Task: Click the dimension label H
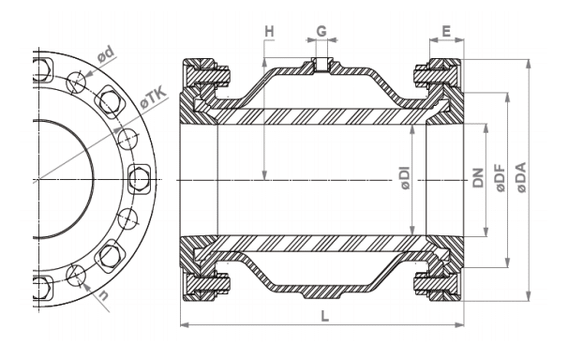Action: tap(269, 32)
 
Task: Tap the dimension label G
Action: tap(321, 31)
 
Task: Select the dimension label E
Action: tap(446, 31)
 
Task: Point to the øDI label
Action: tap(405, 178)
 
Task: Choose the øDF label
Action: tap(501, 178)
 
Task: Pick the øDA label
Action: tap(521, 177)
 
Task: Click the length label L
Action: tap(324, 317)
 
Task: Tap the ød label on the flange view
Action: tap(105, 54)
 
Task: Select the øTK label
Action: tap(153, 98)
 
